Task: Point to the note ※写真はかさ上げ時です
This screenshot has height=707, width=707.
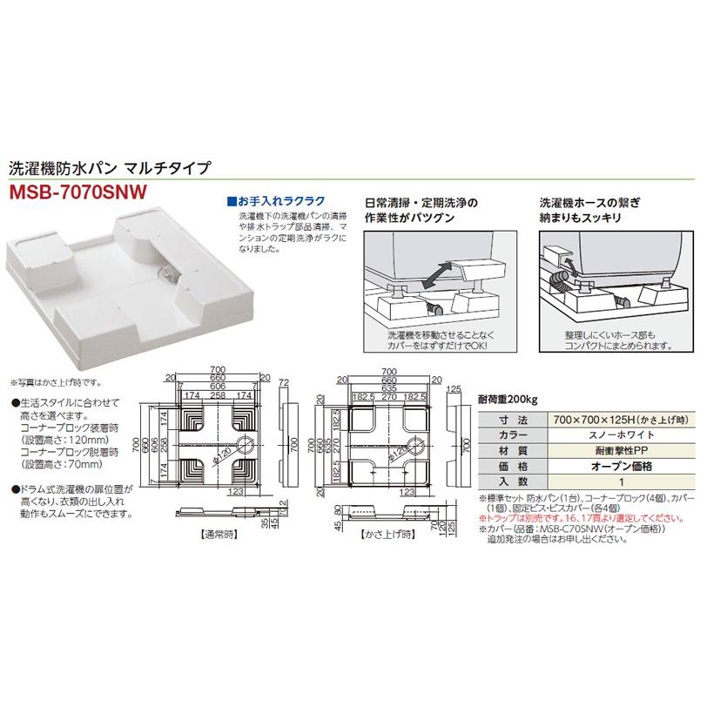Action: click(x=57, y=382)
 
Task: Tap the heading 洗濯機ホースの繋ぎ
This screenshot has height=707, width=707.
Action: click(x=589, y=201)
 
